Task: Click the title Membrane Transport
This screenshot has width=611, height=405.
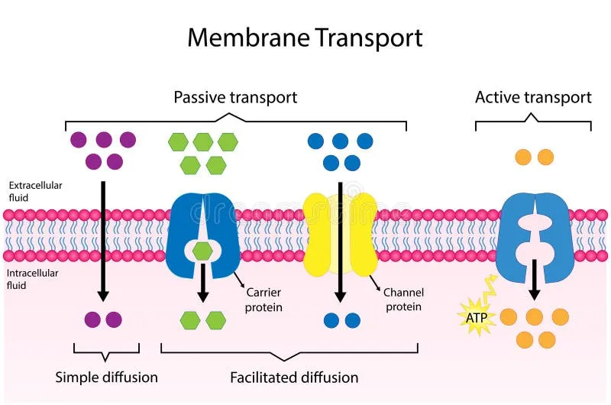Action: [x=305, y=37]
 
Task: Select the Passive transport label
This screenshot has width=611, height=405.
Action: [x=235, y=97]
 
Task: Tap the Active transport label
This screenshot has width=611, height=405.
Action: [x=533, y=97]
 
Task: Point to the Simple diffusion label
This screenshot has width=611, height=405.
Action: [x=107, y=377]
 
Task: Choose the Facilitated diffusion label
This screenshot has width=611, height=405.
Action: [x=294, y=377]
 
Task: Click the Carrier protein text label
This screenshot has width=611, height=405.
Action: [x=263, y=300]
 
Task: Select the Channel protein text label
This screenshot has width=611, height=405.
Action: [x=403, y=300]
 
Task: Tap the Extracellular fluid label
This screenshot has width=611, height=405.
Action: [x=35, y=191]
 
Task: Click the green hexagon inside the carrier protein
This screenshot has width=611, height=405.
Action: [x=202, y=250]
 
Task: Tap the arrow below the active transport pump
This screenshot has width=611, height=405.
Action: [x=535, y=280]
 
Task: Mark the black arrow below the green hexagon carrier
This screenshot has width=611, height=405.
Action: [x=202, y=284]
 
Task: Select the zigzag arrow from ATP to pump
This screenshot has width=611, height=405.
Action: [x=488, y=294]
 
